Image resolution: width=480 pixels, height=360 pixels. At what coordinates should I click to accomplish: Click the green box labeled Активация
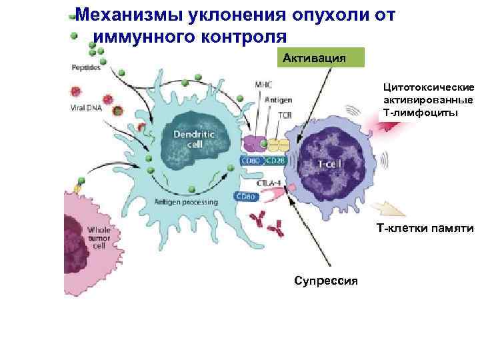point(323,57)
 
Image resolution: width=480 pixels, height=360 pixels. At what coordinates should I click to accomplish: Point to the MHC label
point(263,85)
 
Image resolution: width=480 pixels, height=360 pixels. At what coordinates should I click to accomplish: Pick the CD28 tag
point(275,161)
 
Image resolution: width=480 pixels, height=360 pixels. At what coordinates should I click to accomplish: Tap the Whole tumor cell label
point(97,237)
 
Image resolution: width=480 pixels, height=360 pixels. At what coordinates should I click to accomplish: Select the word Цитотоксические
point(428,87)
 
